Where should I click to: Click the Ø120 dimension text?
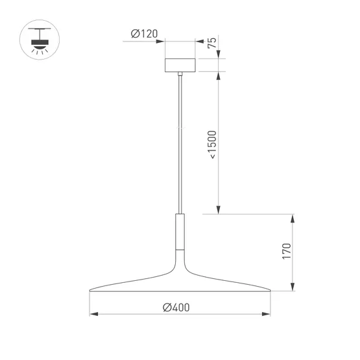[x=144, y=34]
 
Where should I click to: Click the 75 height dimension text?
[x=211, y=43]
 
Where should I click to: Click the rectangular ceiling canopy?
[x=180, y=65]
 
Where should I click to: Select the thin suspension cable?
[x=180, y=143]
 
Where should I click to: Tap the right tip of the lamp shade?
[x=269, y=289]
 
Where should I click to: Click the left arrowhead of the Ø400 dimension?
[x=93, y=315]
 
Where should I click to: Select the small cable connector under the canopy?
[x=180, y=76]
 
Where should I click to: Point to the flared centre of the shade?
[x=180, y=266]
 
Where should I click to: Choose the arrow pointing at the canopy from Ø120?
[x=162, y=41]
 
